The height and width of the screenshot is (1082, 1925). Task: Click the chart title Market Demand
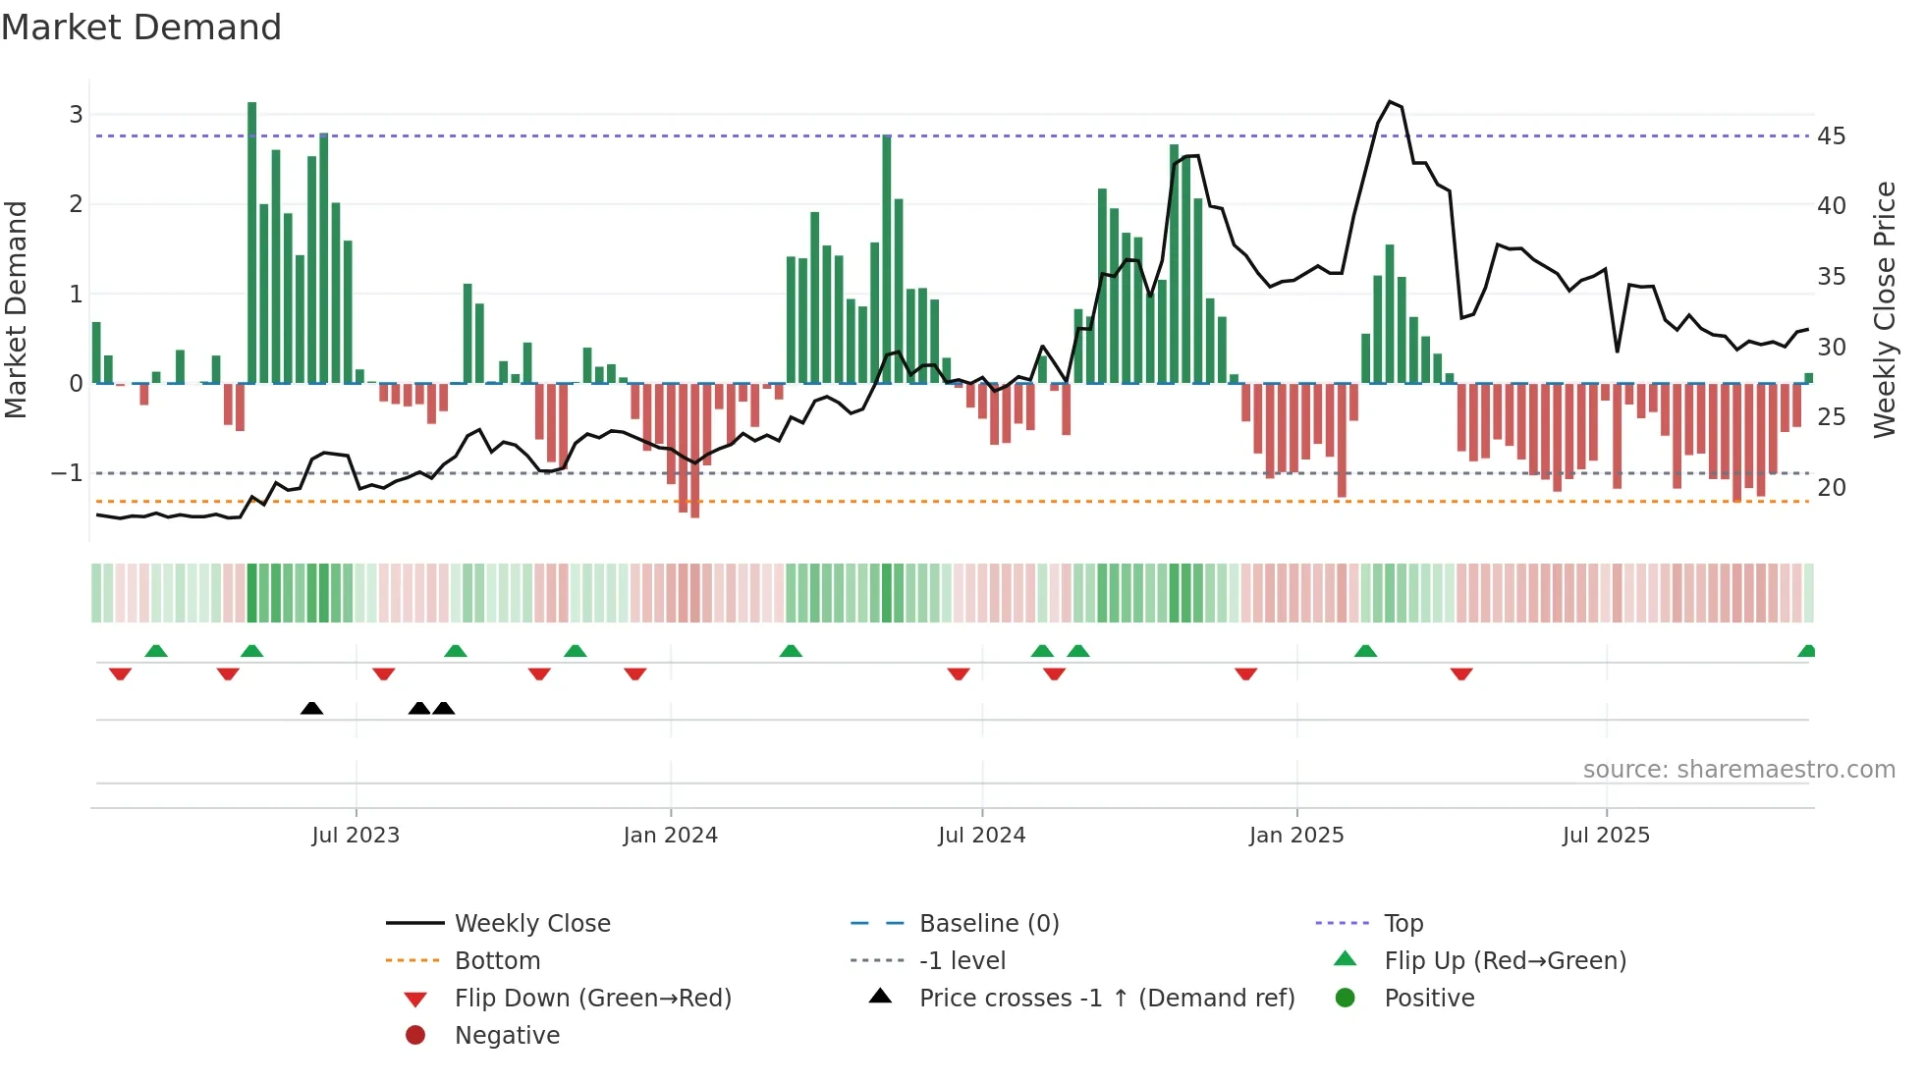coord(141,27)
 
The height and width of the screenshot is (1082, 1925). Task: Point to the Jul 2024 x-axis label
coord(981,836)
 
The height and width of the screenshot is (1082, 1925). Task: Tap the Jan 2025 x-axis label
coord(1296,836)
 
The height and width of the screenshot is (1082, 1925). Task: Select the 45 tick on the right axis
coord(1831,136)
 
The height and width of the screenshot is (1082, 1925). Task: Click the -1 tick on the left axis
coord(68,473)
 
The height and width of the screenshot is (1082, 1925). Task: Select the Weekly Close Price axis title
coord(1884,309)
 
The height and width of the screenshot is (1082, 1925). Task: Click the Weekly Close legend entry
coord(531,924)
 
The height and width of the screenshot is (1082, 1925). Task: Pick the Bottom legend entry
coord(497,961)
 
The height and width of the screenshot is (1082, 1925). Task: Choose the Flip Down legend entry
coord(592,999)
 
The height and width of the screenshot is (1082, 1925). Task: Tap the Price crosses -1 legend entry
coord(1106,999)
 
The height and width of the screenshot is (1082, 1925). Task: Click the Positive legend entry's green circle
coord(1346,999)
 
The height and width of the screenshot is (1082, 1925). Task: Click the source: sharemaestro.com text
coord(1738,770)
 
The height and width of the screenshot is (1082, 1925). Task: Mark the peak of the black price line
coord(1390,102)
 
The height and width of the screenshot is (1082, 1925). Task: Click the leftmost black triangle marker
coord(311,708)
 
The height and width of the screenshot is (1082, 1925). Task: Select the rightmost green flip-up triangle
coord(1806,651)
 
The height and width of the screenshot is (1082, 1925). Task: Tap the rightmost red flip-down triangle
coord(1461,674)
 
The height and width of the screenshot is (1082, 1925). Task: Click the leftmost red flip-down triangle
coord(120,674)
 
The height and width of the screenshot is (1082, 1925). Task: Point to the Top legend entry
coord(1402,924)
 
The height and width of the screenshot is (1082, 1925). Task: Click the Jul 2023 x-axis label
coord(356,836)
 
